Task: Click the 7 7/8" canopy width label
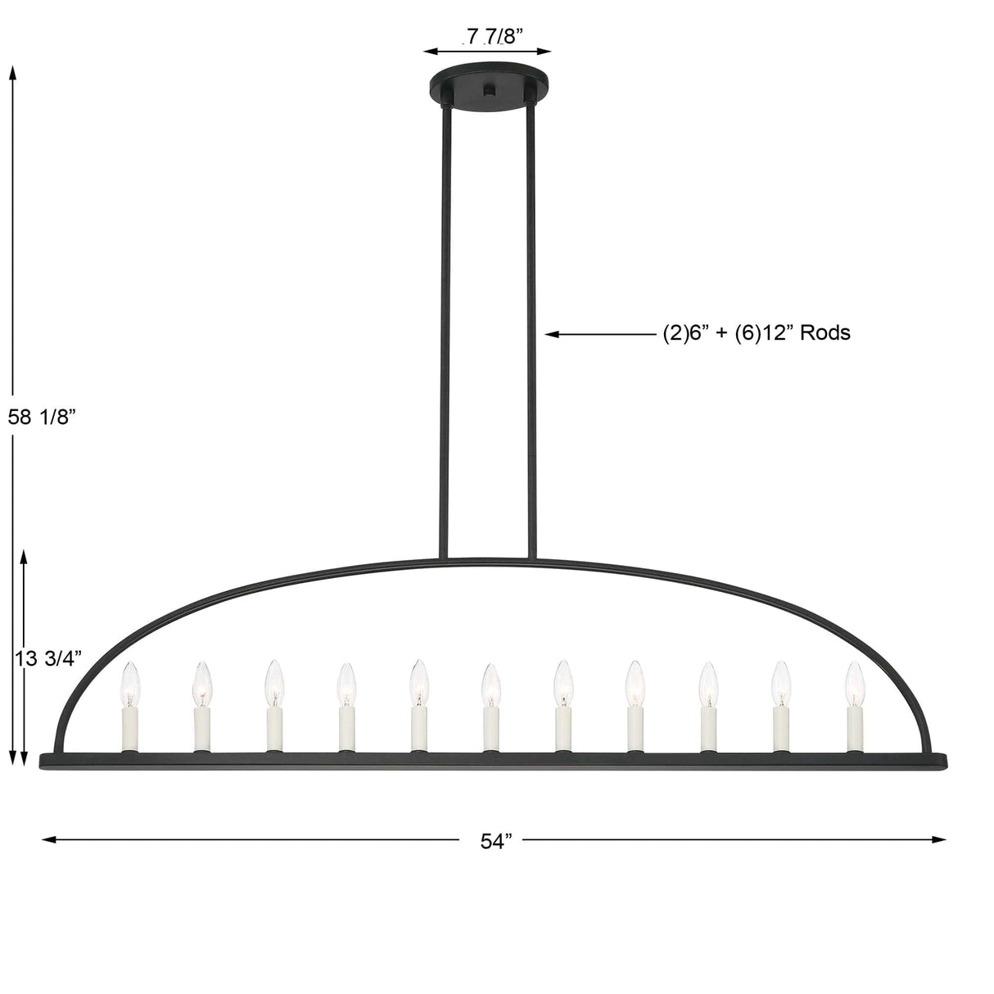tap(490, 35)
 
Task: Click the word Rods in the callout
tap(825, 332)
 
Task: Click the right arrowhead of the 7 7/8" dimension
tap(548, 51)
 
